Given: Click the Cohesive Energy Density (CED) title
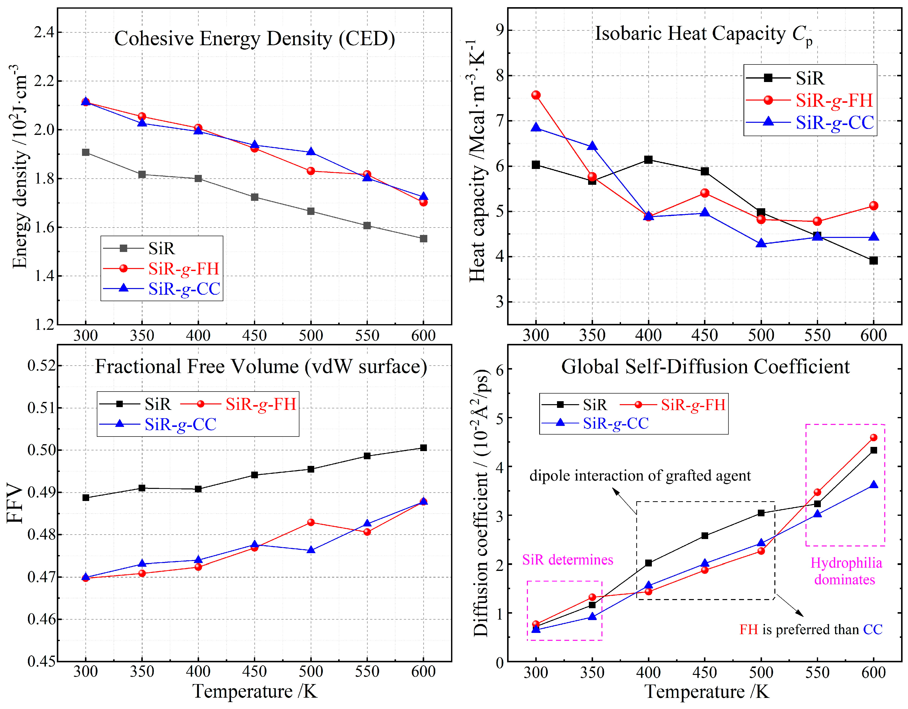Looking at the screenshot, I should click(254, 39).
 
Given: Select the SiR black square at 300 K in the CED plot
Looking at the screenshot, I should click(86, 152).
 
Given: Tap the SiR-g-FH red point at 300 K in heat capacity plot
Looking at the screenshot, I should click(536, 95).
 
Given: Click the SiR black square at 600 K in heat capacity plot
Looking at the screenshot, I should click(873, 260).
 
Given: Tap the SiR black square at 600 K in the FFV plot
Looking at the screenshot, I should click(423, 448).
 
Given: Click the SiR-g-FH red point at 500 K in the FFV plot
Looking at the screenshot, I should click(310, 522).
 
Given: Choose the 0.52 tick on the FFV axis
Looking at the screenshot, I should click(41, 366).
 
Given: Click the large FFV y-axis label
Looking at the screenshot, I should click(15, 503).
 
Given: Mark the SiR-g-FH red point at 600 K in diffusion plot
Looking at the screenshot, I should click(873, 438).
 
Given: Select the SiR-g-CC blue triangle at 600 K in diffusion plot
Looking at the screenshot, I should click(873, 485).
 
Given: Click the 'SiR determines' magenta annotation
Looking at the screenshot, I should click(568, 560).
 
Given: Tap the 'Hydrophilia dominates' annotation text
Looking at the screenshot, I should click(846, 571).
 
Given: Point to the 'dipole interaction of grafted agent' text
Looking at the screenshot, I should click(640, 475).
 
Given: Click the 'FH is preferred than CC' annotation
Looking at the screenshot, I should click(811, 629).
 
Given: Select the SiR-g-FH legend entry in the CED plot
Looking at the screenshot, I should click(183, 269).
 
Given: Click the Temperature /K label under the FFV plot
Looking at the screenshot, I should click(254, 691).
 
